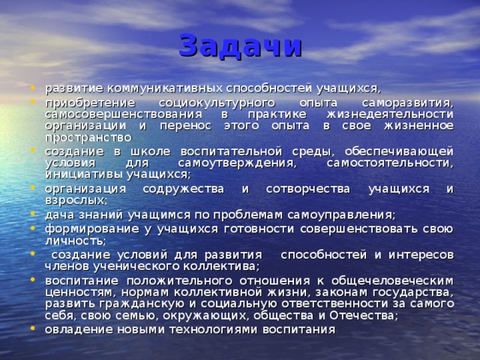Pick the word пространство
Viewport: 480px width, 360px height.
[88, 138]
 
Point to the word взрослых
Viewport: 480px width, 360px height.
[76, 200]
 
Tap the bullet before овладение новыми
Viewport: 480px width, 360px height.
[36, 330]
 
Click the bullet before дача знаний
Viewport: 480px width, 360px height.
[36, 214]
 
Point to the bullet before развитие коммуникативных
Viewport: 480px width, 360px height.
[36, 87]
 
